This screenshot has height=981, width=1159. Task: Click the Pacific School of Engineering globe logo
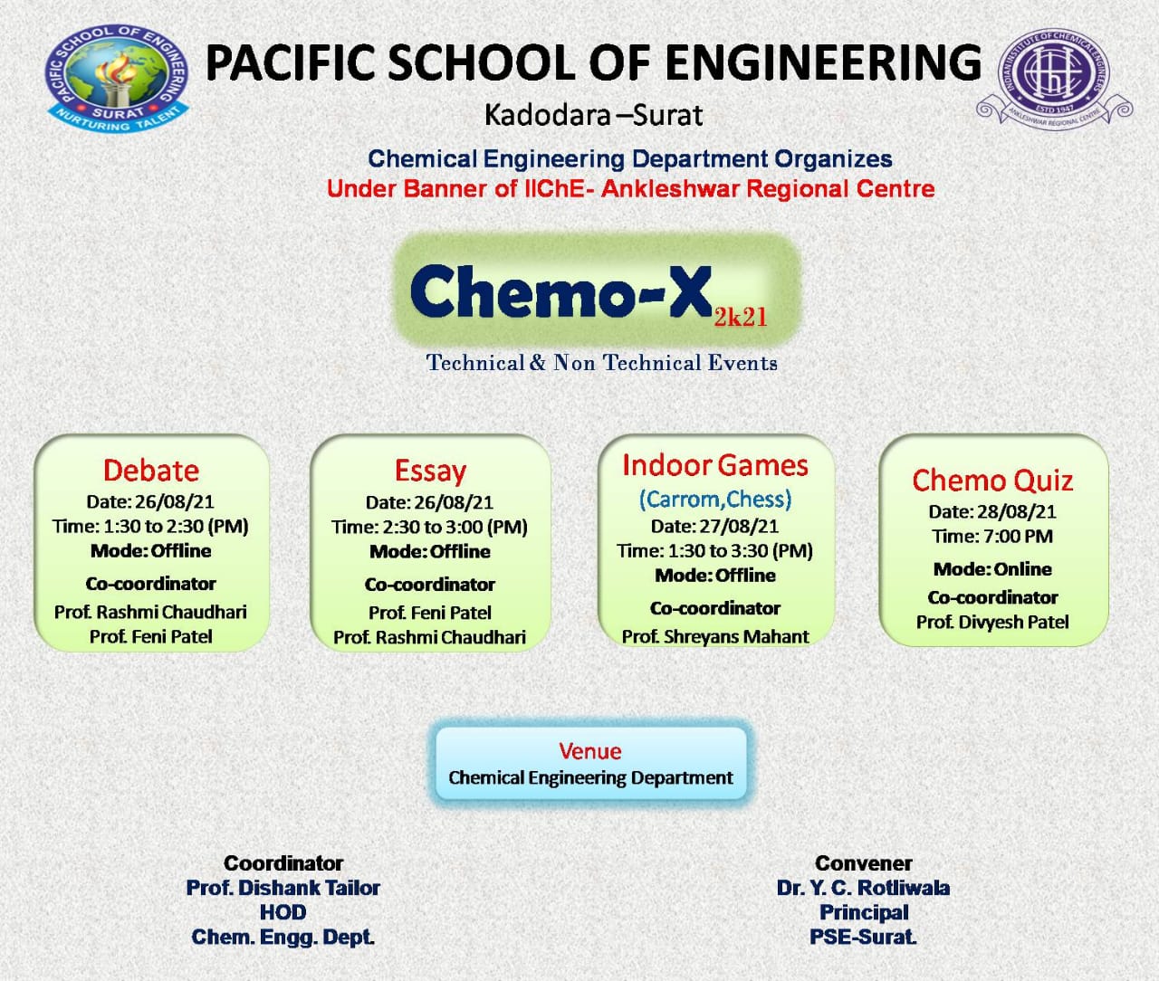tap(117, 78)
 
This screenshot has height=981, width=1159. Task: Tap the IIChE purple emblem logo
tap(1054, 79)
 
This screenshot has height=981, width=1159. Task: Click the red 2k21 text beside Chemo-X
tap(740, 318)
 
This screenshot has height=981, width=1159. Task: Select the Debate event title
tap(151, 471)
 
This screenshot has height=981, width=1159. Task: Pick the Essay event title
tap(430, 471)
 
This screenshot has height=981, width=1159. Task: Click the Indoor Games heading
tap(715, 465)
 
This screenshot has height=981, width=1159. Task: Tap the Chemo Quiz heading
tap(992, 481)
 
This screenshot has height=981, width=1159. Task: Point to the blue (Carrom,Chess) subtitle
tap(715, 499)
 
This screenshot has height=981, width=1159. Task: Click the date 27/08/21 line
tap(715, 527)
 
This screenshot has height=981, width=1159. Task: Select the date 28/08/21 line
tap(992, 512)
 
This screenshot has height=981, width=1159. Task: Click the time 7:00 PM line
tap(992, 537)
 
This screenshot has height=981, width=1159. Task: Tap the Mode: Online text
tap(992, 569)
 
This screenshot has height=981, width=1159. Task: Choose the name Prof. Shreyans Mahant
tap(715, 636)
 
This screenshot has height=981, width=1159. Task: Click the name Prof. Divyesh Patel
tap(992, 622)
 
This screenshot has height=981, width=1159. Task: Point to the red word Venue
tap(589, 751)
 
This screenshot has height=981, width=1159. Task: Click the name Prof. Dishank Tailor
tap(283, 888)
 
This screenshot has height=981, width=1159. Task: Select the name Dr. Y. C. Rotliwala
tap(864, 888)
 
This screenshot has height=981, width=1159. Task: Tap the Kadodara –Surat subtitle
tap(593, 115)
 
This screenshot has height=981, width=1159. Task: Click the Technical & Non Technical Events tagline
tap(601, 363)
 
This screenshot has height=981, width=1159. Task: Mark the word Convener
tap(864, 863)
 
